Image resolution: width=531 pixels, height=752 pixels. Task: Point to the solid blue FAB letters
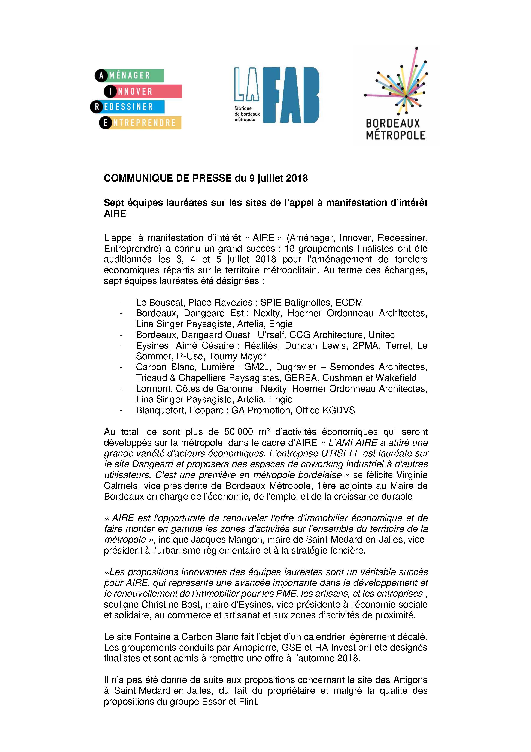coord(291,95)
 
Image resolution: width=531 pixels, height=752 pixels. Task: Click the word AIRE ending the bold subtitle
coord(115,213)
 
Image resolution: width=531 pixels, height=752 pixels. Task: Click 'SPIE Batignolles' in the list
coord(294,302)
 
